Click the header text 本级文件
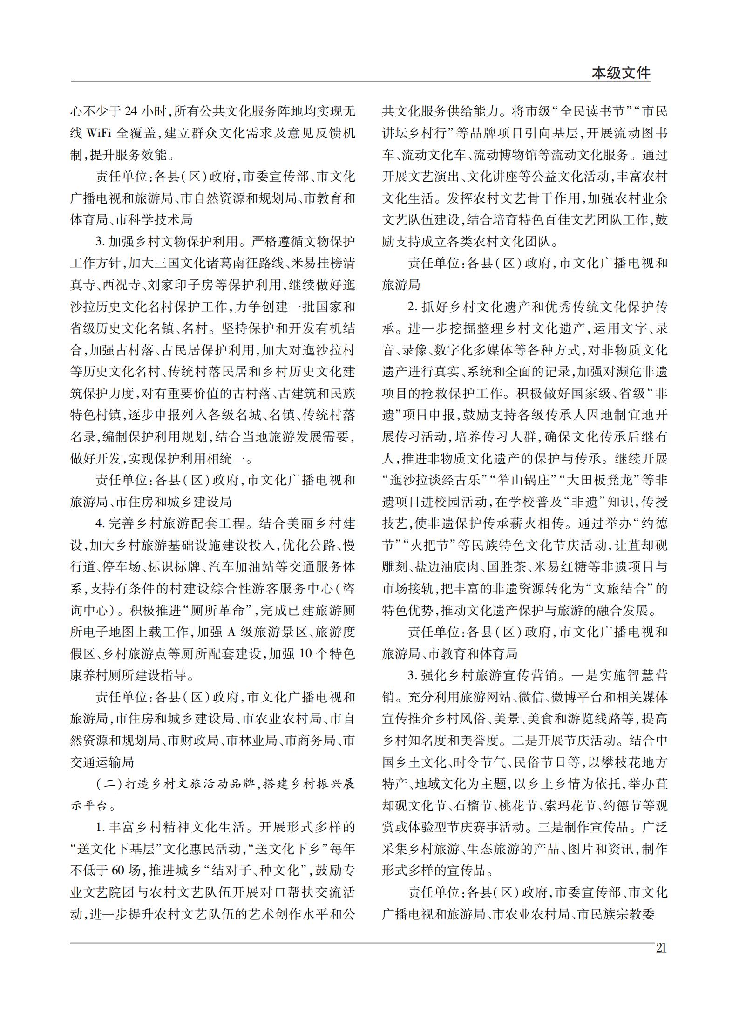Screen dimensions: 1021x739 [621, 73]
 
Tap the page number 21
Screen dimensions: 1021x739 [661, 948]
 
